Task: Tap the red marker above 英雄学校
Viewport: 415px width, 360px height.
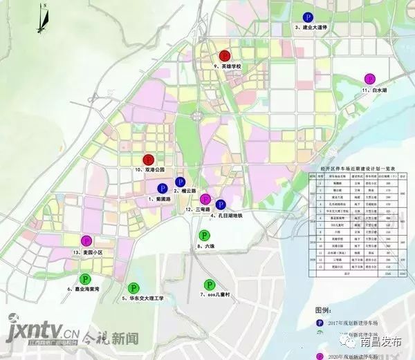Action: pyautogui.click(x=224, y=56)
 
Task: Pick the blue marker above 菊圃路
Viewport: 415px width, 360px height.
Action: pyautogui.click(x=163, y=188)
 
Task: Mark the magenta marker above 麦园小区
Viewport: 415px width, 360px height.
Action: pyautogui.click(x=86, y=240)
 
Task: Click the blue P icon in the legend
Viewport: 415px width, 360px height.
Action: pyautogui.click(x=320, y=323)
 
